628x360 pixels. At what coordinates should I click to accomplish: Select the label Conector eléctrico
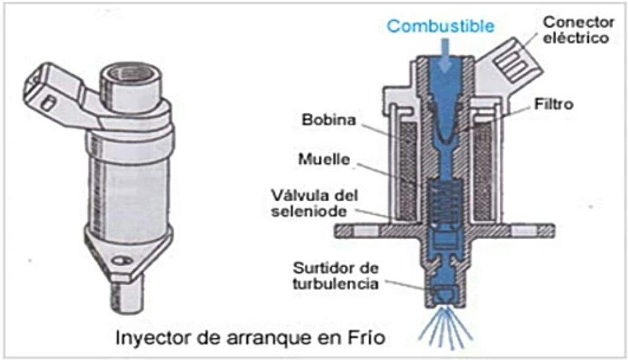[x=577, y=29]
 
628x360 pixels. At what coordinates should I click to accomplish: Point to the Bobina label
[x=328, y=120]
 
